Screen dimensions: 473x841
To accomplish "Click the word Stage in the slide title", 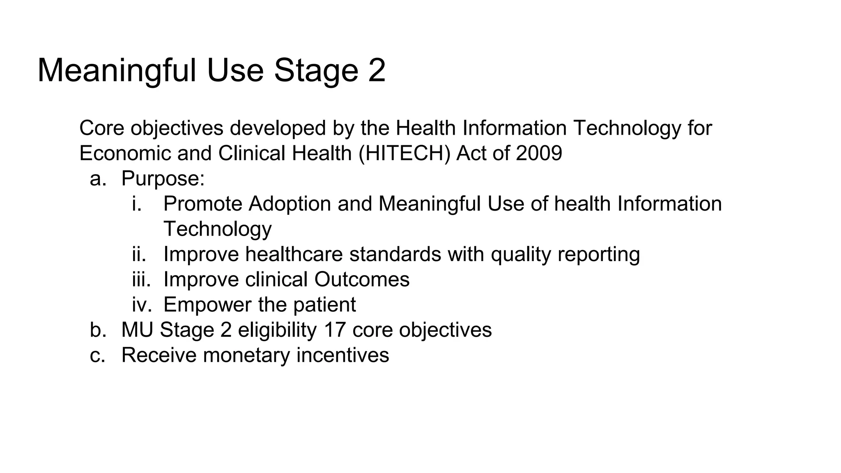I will pos(316,71).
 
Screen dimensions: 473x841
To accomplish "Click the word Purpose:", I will pos(163,179).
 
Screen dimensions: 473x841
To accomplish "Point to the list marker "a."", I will pos(98,179).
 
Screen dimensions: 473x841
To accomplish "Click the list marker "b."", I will pos(98,330).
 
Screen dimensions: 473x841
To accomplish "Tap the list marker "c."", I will pos(98,355).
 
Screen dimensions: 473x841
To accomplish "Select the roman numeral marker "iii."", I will pos(141,279).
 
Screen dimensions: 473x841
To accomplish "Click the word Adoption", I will pos(290,204).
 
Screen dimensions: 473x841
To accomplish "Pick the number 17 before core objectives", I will pos(335,330).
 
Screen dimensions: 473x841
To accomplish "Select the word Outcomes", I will pos(362,279).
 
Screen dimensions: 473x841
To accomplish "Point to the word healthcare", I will pos(294,254).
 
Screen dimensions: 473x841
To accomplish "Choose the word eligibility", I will pos(277,330).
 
